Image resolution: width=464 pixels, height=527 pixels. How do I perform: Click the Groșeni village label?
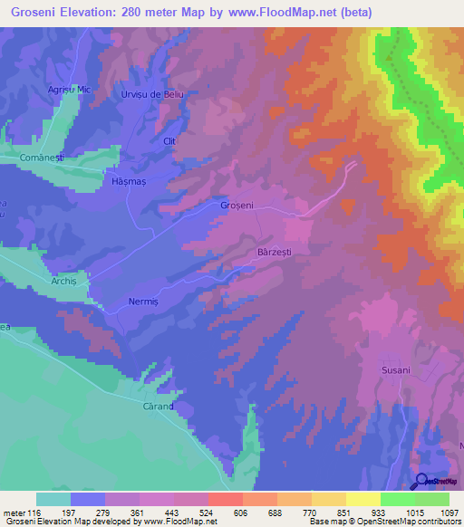pos(237,206)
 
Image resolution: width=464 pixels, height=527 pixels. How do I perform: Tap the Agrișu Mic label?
pos(69,90)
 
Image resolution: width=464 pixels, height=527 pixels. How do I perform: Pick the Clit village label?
pos(169,140)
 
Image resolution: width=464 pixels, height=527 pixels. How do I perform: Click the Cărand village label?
pos(157,407)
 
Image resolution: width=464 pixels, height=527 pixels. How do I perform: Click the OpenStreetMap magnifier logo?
pos(420,481)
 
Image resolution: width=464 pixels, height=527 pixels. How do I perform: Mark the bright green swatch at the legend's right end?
pos(431,499)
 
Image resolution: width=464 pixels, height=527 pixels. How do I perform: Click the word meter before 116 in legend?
pos(16,513)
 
